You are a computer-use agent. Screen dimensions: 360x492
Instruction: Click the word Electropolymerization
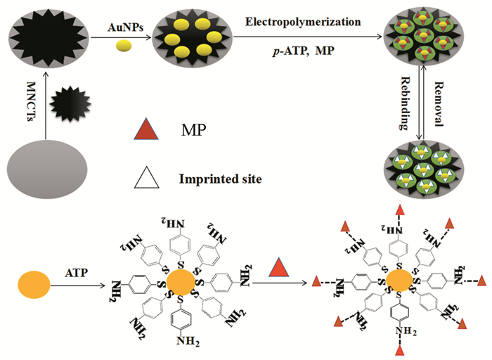click(x=303, y=22)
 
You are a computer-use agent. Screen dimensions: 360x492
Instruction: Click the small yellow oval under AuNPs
click(x=124, y=46)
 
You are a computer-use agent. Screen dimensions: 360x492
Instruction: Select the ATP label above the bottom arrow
click(x=79, y=271)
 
